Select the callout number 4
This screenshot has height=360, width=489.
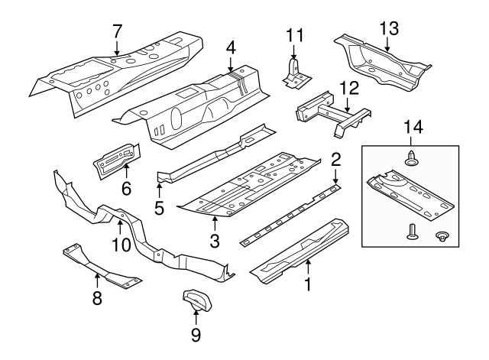[x=231, y=47]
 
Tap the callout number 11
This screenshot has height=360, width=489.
[x=295, y=34]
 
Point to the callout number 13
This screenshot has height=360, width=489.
[x=389, y=29]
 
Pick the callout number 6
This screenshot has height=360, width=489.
[x=126, y=186]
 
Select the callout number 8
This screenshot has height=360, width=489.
[x=97, y=298]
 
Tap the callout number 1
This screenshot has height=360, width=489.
[x=309, y=287]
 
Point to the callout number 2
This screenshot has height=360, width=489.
[x=335, y=161]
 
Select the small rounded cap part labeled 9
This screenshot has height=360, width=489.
[x=196, y=297]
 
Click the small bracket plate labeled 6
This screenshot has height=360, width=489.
[x=116, y=161]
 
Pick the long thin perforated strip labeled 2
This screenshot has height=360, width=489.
[x=290, y=215]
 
